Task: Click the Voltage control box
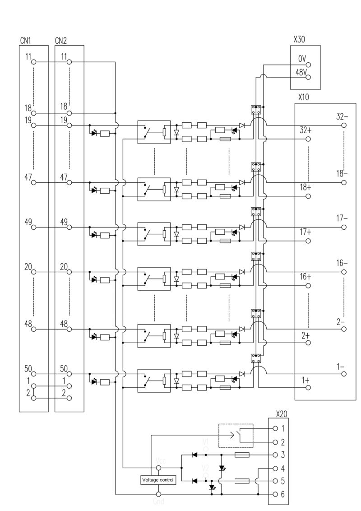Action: [x=157, y=480]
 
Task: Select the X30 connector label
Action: [x=299, y=40]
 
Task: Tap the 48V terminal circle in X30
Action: [x=309, y=77]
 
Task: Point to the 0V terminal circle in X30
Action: [x=309, y=65]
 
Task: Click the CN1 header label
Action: [x=25, y=41]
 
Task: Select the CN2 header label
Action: [x=61, y=41]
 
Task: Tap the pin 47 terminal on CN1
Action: [x=33, y=183]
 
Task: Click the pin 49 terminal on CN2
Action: [x=69, y=228]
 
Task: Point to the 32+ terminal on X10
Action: [x=309, y=139]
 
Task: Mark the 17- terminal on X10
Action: [x=344, y=228]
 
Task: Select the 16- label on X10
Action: [x=342, y=263]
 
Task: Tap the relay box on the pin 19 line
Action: [x=154, y=132]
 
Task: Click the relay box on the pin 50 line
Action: [x=154, y=381]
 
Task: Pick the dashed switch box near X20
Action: [x=236, y=436]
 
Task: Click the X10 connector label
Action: [x=304, y=98]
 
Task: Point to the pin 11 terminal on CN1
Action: [x=33, y=62]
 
